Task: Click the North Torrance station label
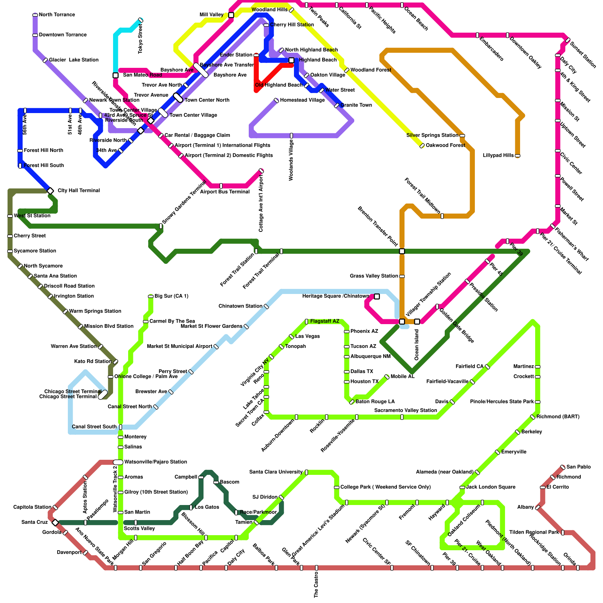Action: point(57,15)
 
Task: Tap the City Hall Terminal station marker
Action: point(51,191)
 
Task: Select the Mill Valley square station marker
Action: point(231,15)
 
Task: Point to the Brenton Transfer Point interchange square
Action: point(402,251)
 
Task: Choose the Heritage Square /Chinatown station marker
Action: point(377,297)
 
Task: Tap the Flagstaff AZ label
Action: point(324,321)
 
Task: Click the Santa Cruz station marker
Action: point(55,522)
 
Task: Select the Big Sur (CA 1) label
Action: point(171,296)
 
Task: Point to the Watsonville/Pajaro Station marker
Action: point(118,462)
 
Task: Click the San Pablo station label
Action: point(579,467)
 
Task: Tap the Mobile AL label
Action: point(403,376)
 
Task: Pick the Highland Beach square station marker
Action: point(291,60)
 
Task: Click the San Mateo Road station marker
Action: point(116,75)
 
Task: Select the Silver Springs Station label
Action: point(432,135)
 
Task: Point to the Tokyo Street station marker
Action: point(141,20)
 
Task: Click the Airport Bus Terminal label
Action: point(225,192)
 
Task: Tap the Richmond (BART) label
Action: point(558,417)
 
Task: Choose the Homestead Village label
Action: point(302,100)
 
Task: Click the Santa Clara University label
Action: point(276,472)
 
